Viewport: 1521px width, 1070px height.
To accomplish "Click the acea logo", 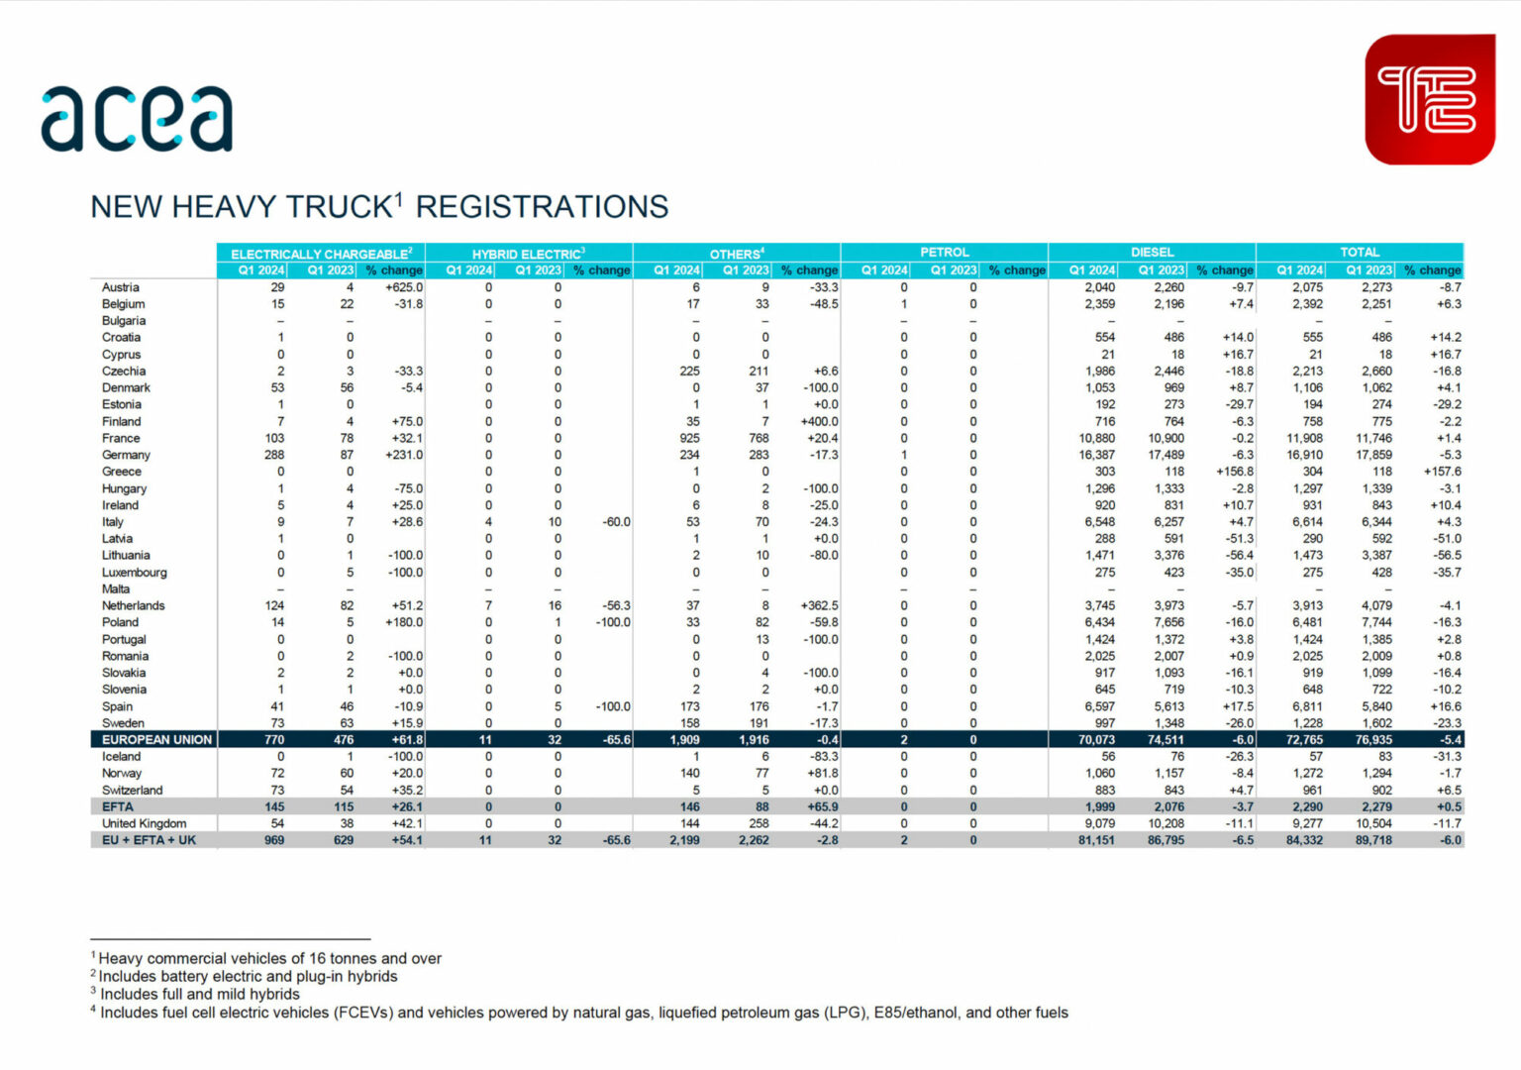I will click(137, 120).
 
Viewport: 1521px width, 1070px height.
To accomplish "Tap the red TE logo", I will click(1429, 99).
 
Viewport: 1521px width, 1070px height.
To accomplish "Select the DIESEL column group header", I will click(1152, 253).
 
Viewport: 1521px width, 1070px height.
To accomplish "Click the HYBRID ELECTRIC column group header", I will click(528, 254).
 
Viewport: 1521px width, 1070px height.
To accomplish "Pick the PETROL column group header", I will click(944, 253).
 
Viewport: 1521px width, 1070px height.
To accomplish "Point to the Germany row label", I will click(126, 455).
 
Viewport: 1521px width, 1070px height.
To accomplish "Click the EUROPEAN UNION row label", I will click(156, 739).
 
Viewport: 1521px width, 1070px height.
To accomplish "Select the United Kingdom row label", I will click(144, 823).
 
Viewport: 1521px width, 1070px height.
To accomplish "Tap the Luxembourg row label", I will click(134, 572).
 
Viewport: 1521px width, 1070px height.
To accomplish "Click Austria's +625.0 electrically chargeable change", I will click(404, 287).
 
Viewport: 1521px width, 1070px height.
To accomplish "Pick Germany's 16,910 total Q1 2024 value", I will click(1304, 455).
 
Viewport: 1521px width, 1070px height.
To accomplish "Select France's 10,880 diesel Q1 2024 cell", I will click(1096, 438).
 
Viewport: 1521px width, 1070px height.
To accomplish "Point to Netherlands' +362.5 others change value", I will click(818, 605).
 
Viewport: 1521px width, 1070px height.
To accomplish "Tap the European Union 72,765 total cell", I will click(1304, 739).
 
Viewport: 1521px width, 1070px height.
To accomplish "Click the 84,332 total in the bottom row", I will click(1304, 840).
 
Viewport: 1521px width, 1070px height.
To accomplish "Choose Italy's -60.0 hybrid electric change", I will click(616, 522).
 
